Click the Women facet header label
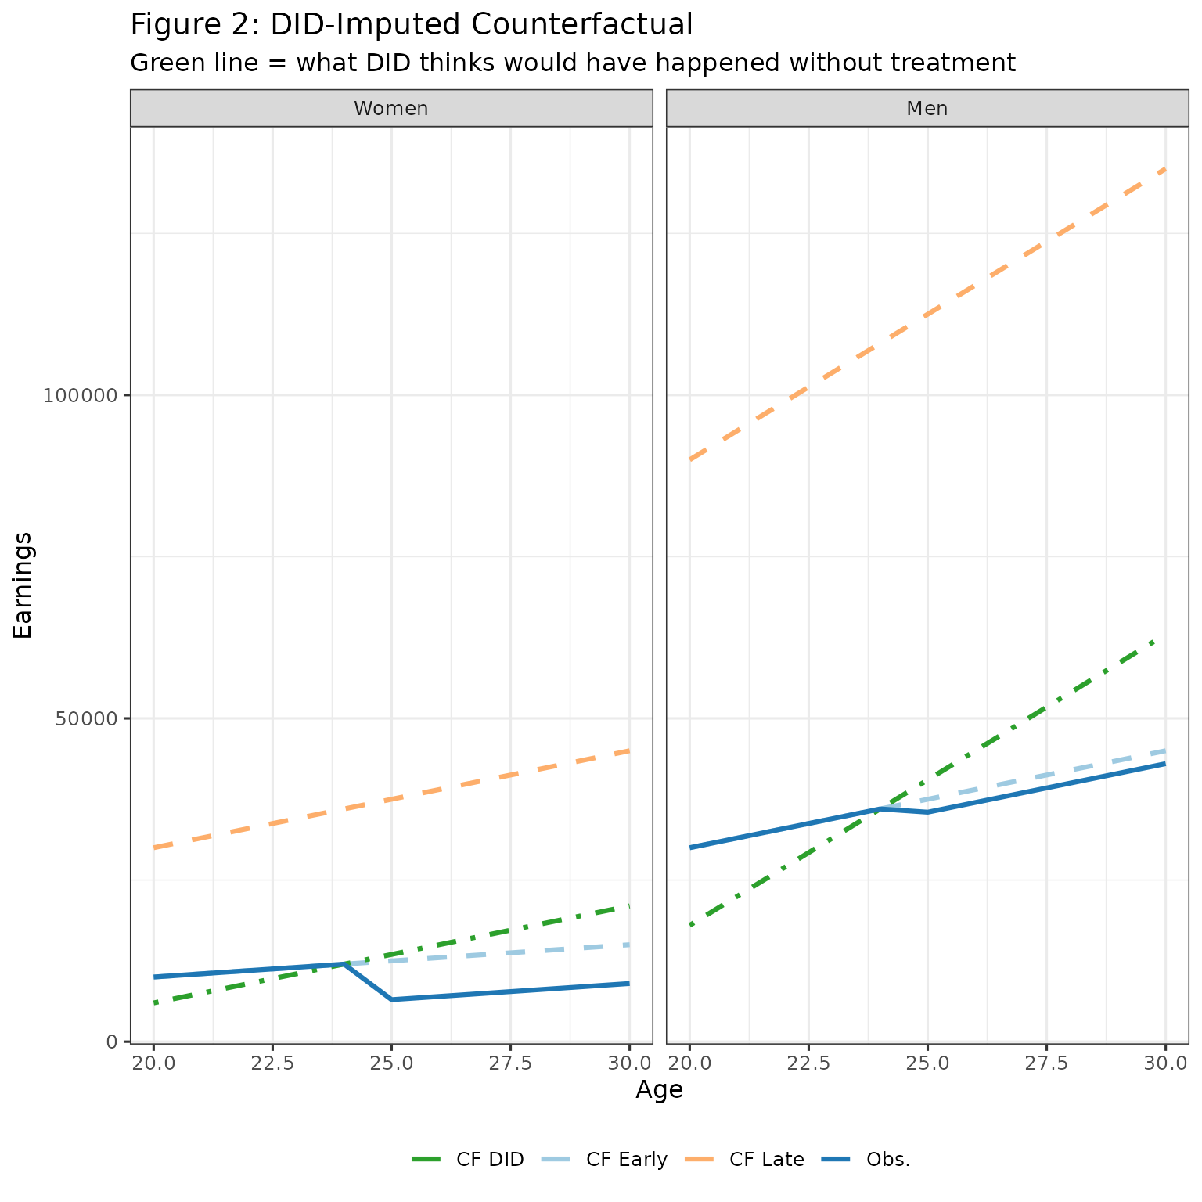[390, 109]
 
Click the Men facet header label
[927, 109]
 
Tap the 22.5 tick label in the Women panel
[272, 1064]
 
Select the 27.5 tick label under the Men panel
[1046, 1064]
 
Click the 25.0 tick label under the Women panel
[391, 1064]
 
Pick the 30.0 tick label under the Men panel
[1165, 1064]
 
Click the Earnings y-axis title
[23, 585]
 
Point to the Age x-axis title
[659, 1090]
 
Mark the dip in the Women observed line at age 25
[391, 999]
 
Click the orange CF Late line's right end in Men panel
[1165, 169]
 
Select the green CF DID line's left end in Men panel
[690, 925]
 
